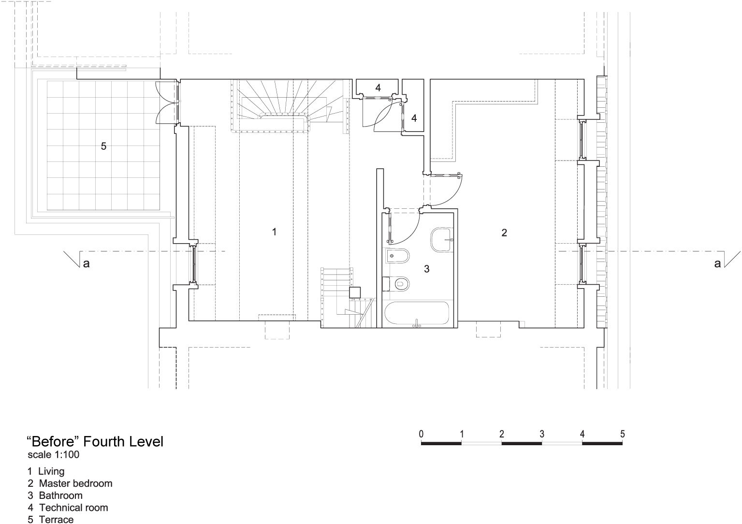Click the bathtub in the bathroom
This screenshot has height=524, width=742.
(x=417, y=313)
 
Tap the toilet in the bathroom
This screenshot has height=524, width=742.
(x=400, y=284)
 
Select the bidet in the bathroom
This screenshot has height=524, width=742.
(x=397, y=256)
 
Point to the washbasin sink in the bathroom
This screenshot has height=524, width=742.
(x=442, y=239)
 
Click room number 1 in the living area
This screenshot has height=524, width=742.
(x=274, y=232)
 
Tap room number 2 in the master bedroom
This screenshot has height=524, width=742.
(x=504, y=233)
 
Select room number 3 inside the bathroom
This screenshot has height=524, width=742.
(x=427, y=269)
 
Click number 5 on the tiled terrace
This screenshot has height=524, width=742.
(x=103, y=146)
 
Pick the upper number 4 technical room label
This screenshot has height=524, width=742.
(x=378, y=87)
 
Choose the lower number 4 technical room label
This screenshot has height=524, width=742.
(x=414, y=118)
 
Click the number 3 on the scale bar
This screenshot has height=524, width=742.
(x=542, y=434)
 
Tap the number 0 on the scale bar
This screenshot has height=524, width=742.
(x=421, y=434)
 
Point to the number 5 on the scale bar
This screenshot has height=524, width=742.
(x=623, y=434)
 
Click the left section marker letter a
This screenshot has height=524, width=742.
(x=86, y=263)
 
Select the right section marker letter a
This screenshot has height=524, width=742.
(x=717, y=263)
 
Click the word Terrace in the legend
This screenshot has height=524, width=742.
(x=56, y=519)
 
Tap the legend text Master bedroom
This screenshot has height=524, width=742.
(x=75, y=483)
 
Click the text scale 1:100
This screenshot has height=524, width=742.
(x=53, y=455)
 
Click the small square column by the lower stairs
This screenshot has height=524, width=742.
(x=355, y=292)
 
